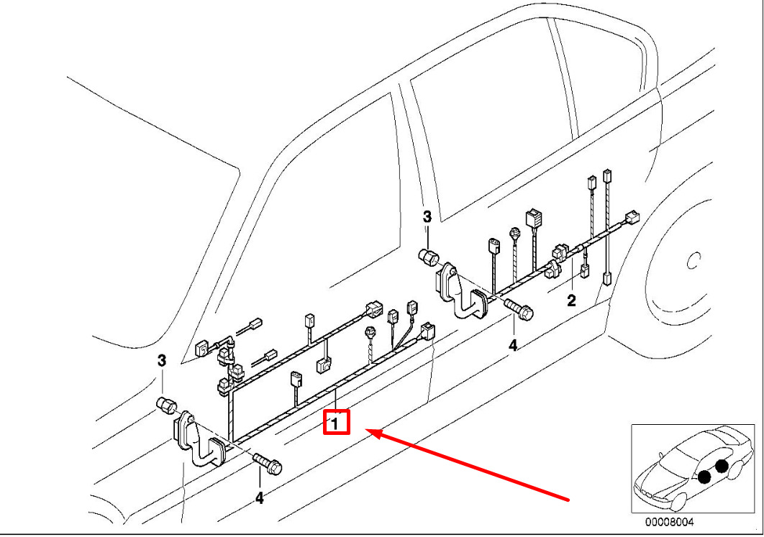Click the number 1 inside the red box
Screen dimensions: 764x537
335,423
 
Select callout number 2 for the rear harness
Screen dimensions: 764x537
571,300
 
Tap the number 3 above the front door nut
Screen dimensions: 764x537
161,361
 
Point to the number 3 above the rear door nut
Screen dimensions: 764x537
427,216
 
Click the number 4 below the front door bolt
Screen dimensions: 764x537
259,498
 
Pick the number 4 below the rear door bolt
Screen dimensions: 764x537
513,345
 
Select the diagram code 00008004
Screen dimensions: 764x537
670,523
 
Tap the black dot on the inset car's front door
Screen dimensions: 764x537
704,477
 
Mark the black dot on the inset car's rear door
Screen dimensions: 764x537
722,466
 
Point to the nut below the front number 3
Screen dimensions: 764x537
165,405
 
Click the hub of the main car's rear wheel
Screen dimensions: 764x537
693,261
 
